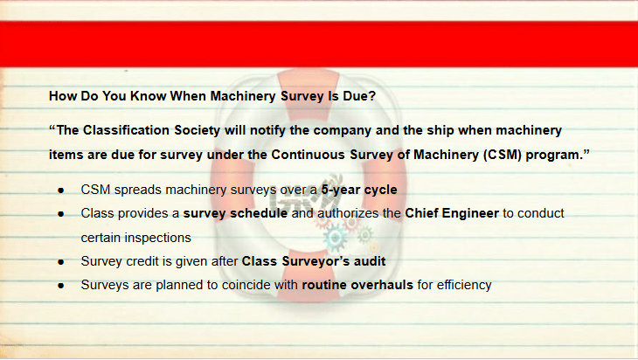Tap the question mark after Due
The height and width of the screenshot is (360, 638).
(371, 96)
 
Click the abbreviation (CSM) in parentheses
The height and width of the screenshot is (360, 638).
(503, 155)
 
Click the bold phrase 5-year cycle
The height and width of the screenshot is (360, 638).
(359, 190)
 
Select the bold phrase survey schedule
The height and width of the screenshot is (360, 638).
(235, 213)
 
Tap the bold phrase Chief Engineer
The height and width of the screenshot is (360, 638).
(452, 213)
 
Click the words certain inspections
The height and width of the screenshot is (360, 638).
(135, 238)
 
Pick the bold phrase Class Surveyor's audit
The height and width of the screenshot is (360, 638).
(314, 261)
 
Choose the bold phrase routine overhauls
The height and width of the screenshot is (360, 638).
(357, 285)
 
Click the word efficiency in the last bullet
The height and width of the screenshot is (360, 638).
(464, 285)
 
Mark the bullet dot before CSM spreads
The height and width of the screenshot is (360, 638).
(61, 190)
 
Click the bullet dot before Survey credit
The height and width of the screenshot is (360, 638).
(61, 262)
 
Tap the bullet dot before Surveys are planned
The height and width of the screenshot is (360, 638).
(61, 286)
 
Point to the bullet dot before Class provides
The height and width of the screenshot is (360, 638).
(61, 214)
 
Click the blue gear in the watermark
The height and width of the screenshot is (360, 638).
(336, 238)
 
